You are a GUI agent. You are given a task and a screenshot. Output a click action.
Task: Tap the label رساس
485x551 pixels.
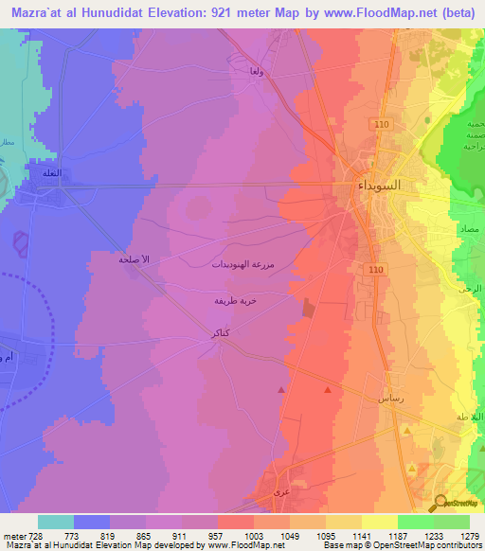click(392, 400)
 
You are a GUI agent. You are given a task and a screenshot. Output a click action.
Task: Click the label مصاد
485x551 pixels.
click(467, 231)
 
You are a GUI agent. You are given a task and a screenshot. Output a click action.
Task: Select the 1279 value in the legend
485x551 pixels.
click(469, 536)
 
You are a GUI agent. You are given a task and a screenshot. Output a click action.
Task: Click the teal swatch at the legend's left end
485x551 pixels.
click(56, 522)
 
